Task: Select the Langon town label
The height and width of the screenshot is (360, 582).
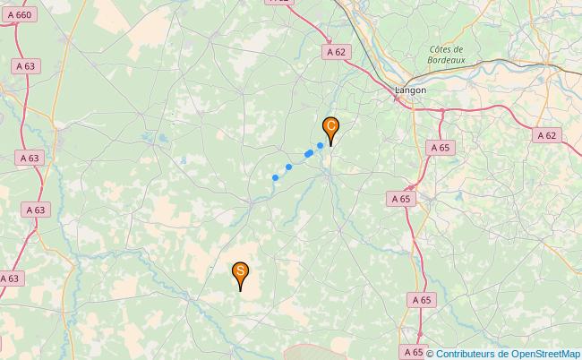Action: point(411,90)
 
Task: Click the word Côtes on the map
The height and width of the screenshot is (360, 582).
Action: point(445,49)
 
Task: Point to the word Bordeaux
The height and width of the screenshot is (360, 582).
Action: point(445,60)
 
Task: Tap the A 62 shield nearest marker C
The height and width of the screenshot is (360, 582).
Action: point(336,53)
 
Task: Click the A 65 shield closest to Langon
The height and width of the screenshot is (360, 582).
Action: point(440,147)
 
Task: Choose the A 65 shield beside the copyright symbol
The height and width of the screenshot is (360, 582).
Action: point(414,352)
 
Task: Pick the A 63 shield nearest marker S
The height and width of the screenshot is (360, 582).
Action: point(9,279)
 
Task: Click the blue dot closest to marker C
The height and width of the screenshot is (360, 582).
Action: point(320,145)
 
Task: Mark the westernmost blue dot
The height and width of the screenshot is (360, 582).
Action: point(275,177)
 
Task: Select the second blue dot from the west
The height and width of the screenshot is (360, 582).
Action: point(288,167)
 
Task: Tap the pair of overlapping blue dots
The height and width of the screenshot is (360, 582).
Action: point(308,154)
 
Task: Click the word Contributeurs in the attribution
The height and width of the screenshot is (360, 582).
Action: point(469,353)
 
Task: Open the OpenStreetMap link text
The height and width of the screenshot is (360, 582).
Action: point(545,353)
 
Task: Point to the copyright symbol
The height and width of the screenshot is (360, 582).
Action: point(431,353)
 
